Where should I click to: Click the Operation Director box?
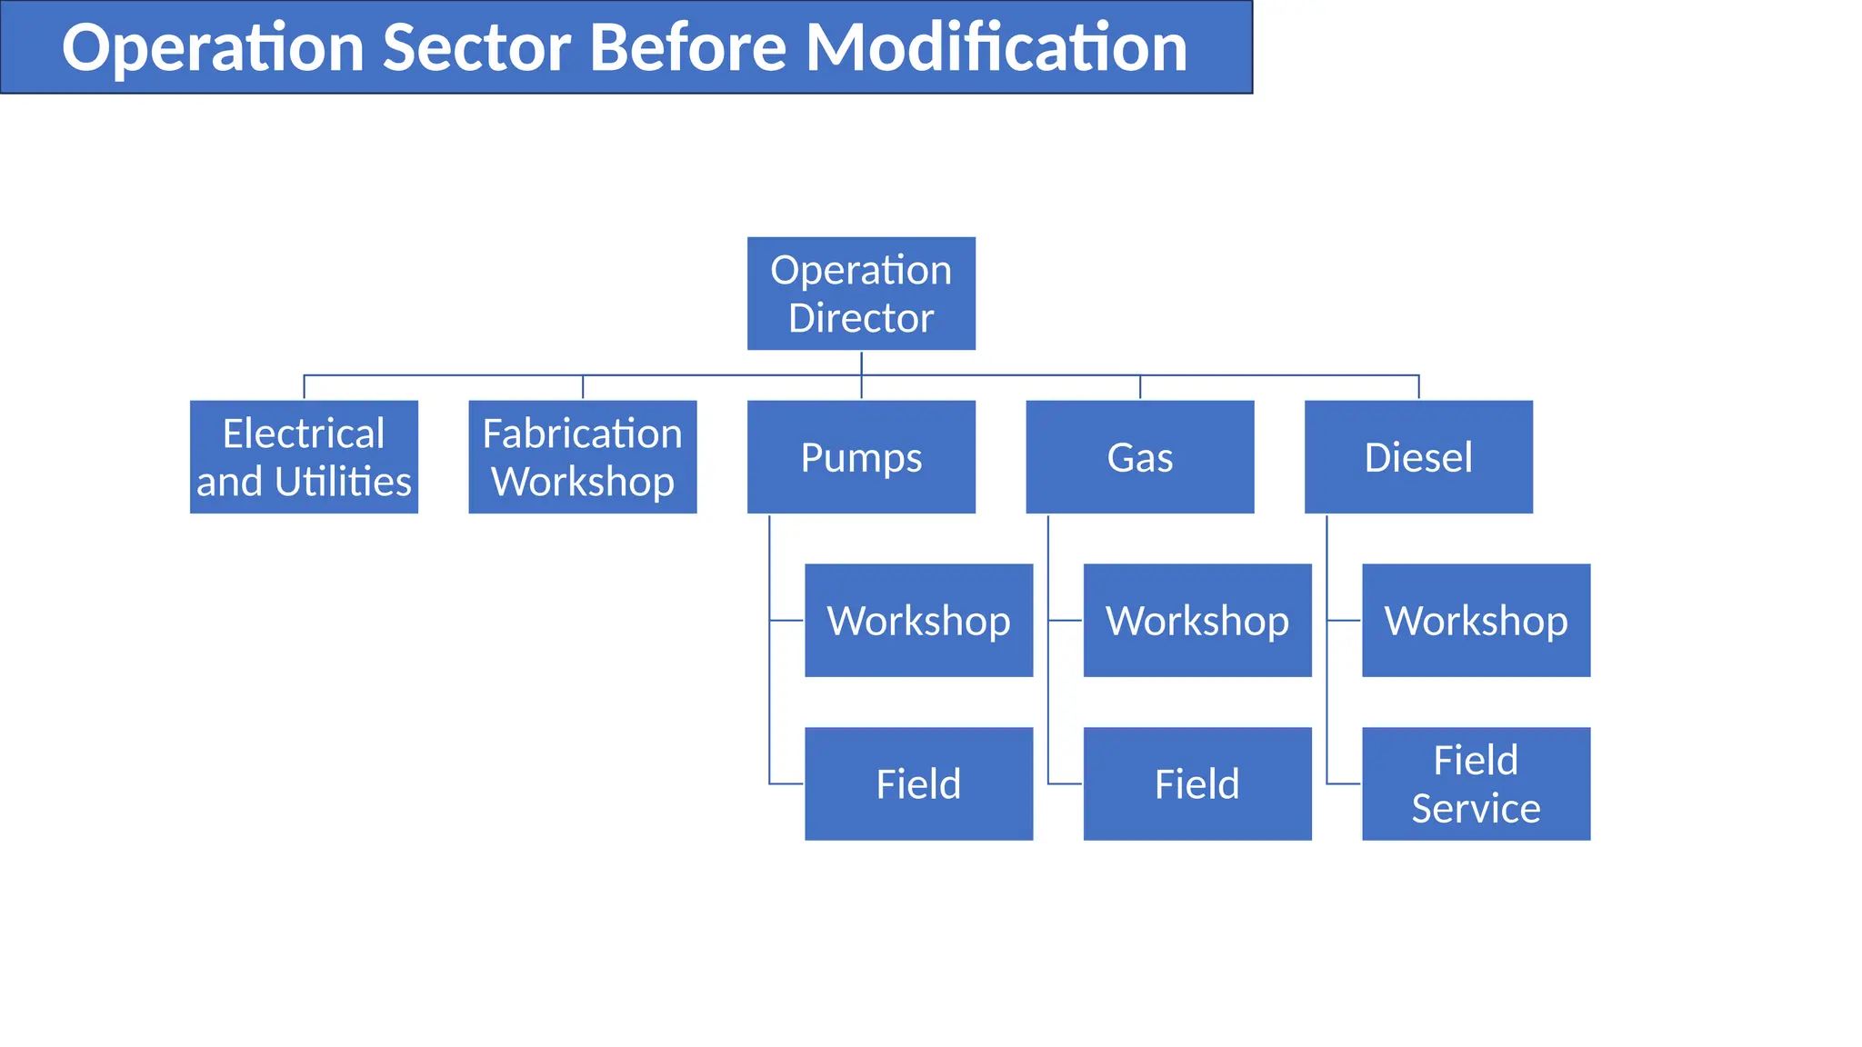click(861, 294)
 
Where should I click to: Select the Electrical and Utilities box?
click(304, 457)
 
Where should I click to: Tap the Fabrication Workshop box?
click(582, 457)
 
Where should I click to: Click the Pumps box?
click(861, 457)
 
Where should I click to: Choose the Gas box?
click(1139, 457)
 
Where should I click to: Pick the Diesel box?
click(1418, 457)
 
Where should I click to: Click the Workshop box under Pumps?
click(918, 620)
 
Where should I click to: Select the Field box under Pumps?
click(918, 783)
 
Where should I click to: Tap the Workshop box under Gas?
click(1197, 620)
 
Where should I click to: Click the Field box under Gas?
click(1197, 783)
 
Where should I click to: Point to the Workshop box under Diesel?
click(1476, 620)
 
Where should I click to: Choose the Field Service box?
click(1476, 783)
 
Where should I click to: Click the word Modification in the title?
click(996, 47)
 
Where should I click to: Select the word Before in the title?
click(688, 47)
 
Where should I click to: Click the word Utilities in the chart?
click(343, 482)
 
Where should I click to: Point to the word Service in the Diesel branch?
click(1476, 808)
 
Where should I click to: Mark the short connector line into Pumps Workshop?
click(787, 621)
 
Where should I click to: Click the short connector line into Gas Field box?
click(1066, 783)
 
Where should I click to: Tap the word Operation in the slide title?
click(213, 49)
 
